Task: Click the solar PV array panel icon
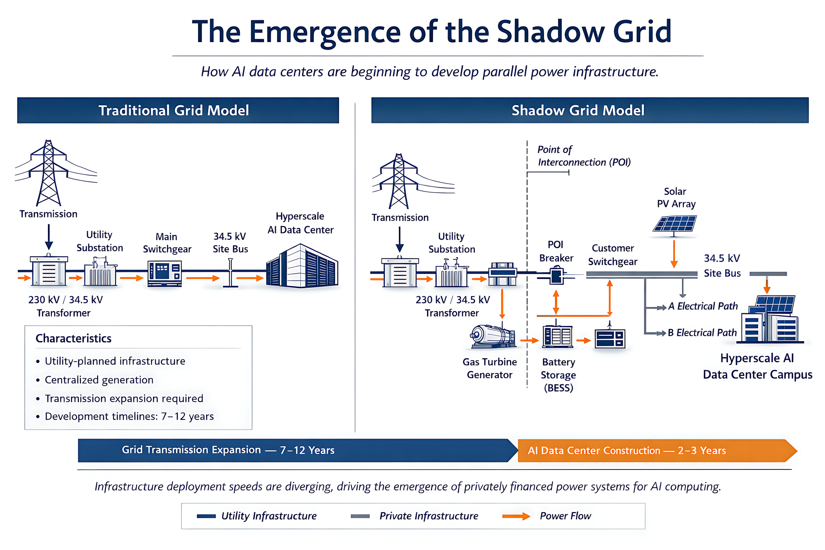click(x=675, y=224)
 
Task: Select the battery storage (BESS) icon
click(x=557, y=336)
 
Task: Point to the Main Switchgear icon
click(x=165, y=273)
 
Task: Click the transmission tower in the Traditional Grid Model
click(x=49, y=173)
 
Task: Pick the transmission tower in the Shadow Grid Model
click(x=399, y=182)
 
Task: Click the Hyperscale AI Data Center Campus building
click(x=770, y=320)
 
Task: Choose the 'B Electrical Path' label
click(x=702, y=333)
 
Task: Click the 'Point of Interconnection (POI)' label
click(x=584, y=156)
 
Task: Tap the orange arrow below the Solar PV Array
click(x=674, y=254)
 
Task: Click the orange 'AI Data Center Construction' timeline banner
click(x=656, y=451)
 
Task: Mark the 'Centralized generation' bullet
click(x=99, y=380)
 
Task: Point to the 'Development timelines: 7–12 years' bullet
click(x=129, y=416)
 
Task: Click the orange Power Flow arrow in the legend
click(x=516, y=516)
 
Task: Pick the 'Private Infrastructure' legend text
click(x=429, y=516)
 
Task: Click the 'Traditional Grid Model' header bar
click(x=178, y=110)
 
